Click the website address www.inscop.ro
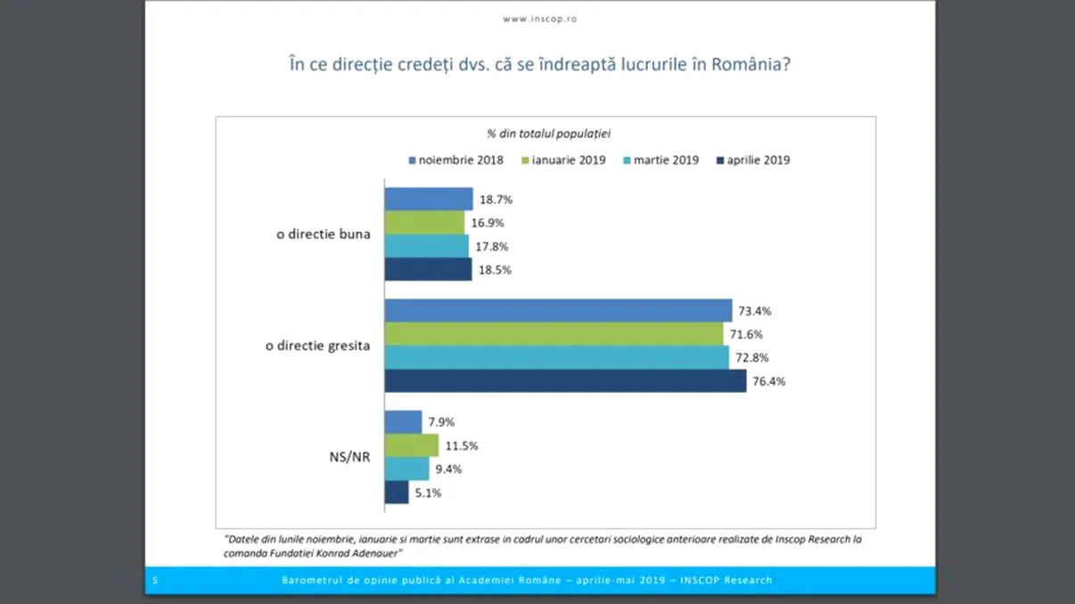pos(539,19)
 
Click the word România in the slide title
pos(751,65)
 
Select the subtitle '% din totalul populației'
pos(547,134)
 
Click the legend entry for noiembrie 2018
pos(456,160)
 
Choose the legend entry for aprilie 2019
pos(753,160)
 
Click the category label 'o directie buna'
pos(323,235)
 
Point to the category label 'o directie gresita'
pos(317,346)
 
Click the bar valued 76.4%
pos(565,381)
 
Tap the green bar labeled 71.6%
pos(554,334)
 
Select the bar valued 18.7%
pos(429,200)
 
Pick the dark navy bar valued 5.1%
pos(397,493)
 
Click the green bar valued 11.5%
pos(412,445)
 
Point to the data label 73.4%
pos(754,312)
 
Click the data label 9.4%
pos(448,469)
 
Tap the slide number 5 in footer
pos(155,581)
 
